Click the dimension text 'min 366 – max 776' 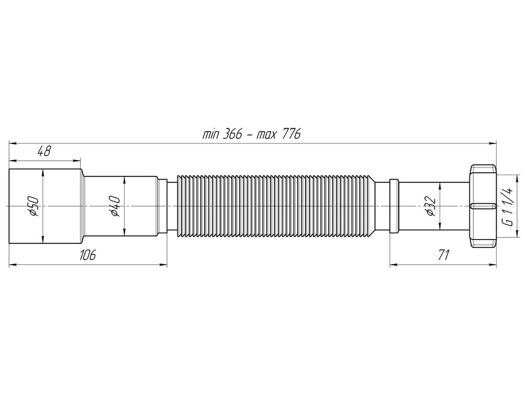[251, 134]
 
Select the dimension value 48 [44, 152]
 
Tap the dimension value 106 [87, 255]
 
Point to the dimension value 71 [443, 255]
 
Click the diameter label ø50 [33, 206]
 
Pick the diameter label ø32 [429, 206]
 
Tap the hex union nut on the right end [483, 206]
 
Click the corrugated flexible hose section [276, 206]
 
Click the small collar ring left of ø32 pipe [394, 206]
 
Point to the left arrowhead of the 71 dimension [392, 264]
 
